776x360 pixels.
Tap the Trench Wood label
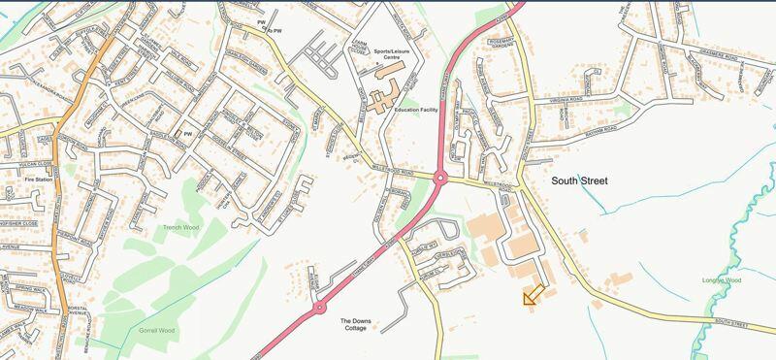pos(181,228)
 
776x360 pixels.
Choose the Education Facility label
pos(417,111)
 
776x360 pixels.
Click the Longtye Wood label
pos(722,280)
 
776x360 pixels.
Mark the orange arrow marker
pos(532,297)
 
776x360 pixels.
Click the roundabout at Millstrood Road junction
pos(440,179)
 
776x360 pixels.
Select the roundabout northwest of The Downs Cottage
pos(319,309)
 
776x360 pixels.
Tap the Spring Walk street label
pos(29,289)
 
